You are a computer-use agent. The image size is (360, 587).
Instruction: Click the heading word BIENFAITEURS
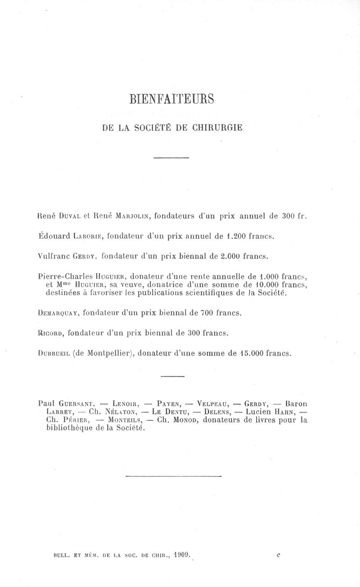pos(171,98)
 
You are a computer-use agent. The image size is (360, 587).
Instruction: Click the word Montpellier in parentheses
pos(108,353)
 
